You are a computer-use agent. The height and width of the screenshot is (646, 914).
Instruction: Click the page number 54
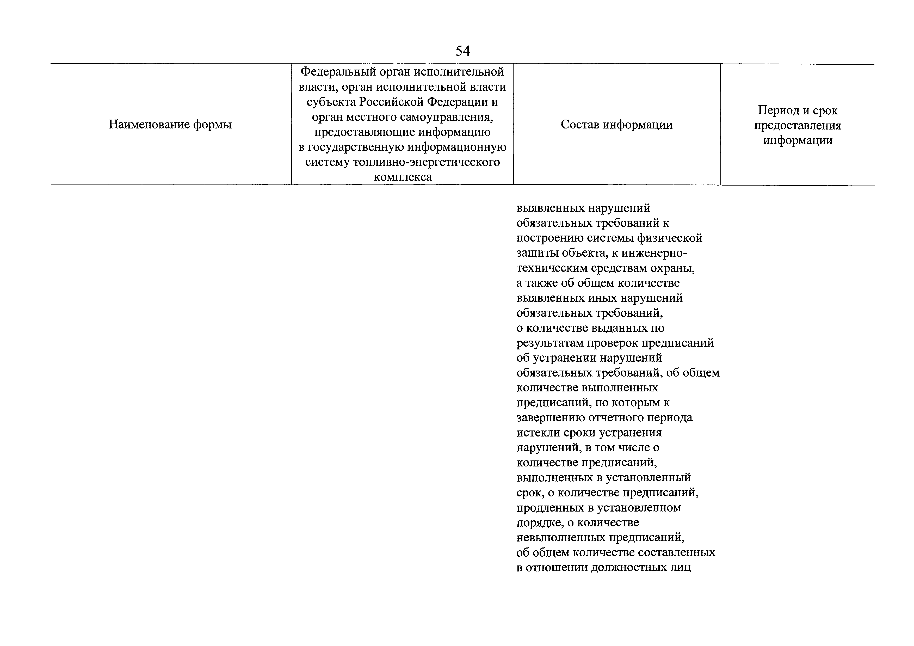pyautogui.click(x=462, y=51)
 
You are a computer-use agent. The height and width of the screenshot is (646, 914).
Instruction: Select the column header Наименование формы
pyautogui.click(x=170, y=125)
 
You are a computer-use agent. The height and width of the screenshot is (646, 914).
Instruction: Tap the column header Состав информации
pyautogui.click(x=617, y=125)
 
